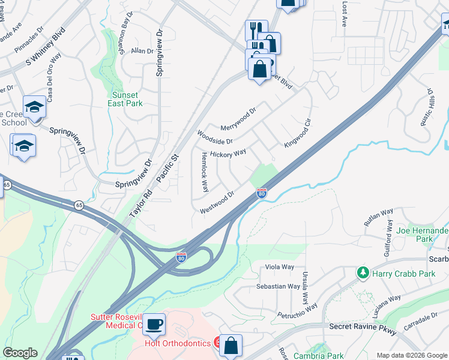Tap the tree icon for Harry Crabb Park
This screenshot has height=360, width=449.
363,273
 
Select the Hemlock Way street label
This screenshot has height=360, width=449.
205,172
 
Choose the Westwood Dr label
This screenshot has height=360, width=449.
217,202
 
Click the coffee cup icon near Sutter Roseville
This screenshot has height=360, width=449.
154,323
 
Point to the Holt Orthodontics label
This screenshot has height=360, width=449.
178,343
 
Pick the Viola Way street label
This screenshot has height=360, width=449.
280,267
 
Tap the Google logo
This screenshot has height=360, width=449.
20,353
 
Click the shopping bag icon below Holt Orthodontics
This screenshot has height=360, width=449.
231,345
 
